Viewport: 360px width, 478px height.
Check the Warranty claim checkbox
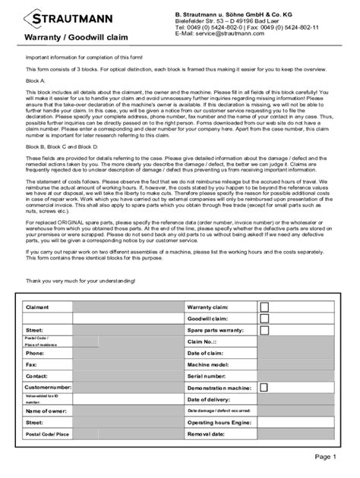point(264,307)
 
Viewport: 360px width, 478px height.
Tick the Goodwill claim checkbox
point(264,320)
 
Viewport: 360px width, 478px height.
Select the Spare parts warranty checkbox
point(264,332)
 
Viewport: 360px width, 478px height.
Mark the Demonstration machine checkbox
point(264,388)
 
